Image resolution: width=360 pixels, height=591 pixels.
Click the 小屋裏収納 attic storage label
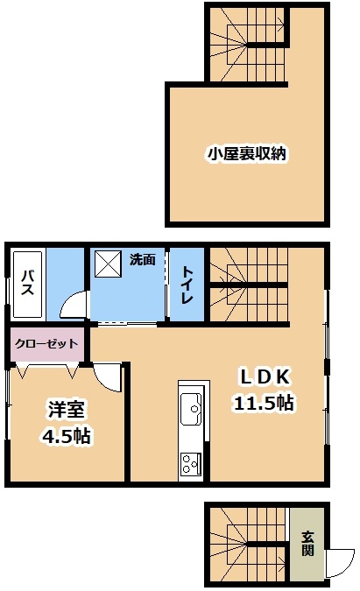[248, 154]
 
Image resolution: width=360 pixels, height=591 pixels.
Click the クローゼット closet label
[46, 343]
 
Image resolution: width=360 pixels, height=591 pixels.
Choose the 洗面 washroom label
[143, 259]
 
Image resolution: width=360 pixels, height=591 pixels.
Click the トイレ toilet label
[187, 284]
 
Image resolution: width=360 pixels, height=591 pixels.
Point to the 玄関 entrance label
[307, 544]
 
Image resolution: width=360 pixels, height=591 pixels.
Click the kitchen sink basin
[191, 405]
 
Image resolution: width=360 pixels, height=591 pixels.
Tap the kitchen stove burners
[191, 463]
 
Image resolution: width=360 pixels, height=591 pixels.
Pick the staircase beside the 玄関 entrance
[248, 544]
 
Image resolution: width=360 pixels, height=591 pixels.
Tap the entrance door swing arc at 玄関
[339, 562]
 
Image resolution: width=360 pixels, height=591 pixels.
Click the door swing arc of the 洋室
[109, 376]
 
